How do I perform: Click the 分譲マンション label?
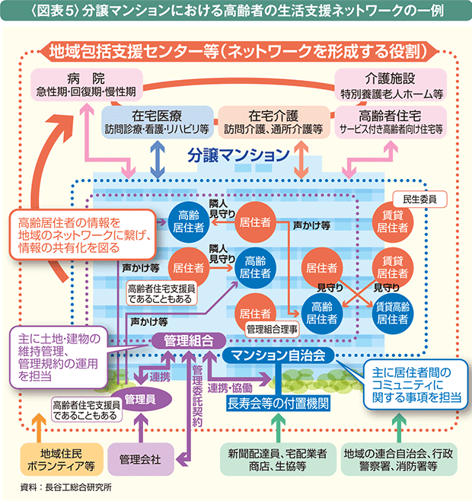pyautogui.click(x=236, y=155)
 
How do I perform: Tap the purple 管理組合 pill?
pyautogui.click(x=188, y=340)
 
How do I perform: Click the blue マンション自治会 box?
pyautogui.click(x=279, y=356)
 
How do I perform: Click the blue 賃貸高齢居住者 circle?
pyautogui.click(x=394, y=311)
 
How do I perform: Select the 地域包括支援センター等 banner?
pyautogui.click(x=236, y=50)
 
